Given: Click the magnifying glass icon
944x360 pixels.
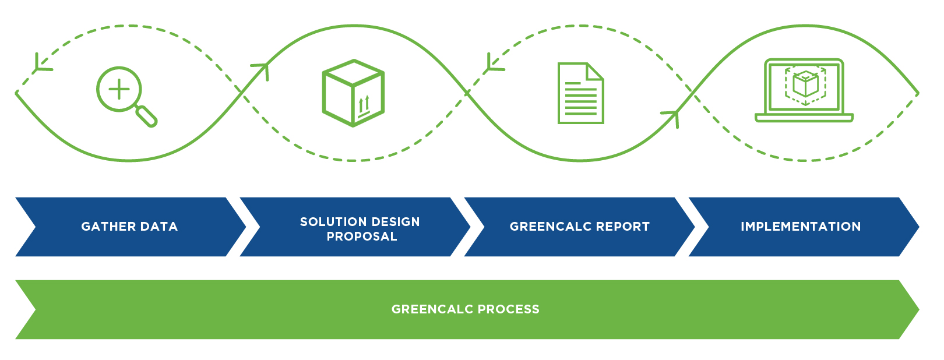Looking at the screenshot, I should pyautogui.click(x=125, y=96).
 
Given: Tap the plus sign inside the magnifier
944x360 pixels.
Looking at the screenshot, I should pyautogui.click(x=119, y=89).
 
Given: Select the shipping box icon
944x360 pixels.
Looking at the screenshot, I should pyautogui.click(x=353, y=93).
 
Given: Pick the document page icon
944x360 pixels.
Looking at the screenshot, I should pyautogui.click(x=580, y=93).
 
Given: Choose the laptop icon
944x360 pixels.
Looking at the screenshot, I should pyautogui.click(x=804, y=90).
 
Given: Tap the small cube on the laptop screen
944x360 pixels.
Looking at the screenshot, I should pyautogui.click(x=805, y=85).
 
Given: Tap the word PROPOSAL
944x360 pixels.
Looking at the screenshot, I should pyautogui.click(x=362, y=237).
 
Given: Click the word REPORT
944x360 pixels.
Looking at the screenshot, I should pyautogui.click(x=623, y=227).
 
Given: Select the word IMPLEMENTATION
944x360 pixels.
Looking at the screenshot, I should pyautogui.click(x=801, y=227).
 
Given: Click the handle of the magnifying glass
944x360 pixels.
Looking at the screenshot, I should pyautogui.click(x=147, y=116).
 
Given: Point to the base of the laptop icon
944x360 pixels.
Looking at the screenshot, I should pyautogui.click(x=804, y=118).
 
